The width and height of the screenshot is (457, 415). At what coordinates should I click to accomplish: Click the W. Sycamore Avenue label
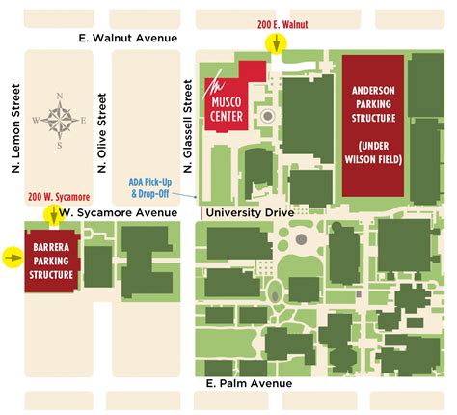119,210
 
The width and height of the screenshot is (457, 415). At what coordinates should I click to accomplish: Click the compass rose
60,121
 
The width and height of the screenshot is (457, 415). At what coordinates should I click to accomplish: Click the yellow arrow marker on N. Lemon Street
13,257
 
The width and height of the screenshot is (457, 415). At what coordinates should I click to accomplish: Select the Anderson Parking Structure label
372,104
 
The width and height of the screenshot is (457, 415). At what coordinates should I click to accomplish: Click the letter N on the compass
60,97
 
